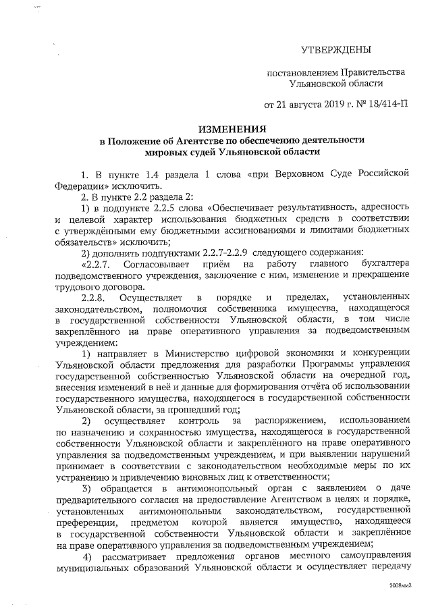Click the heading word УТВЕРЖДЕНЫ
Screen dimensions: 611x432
335,50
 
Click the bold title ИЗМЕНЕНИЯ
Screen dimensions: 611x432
231,128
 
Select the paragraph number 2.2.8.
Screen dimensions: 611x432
92,297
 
